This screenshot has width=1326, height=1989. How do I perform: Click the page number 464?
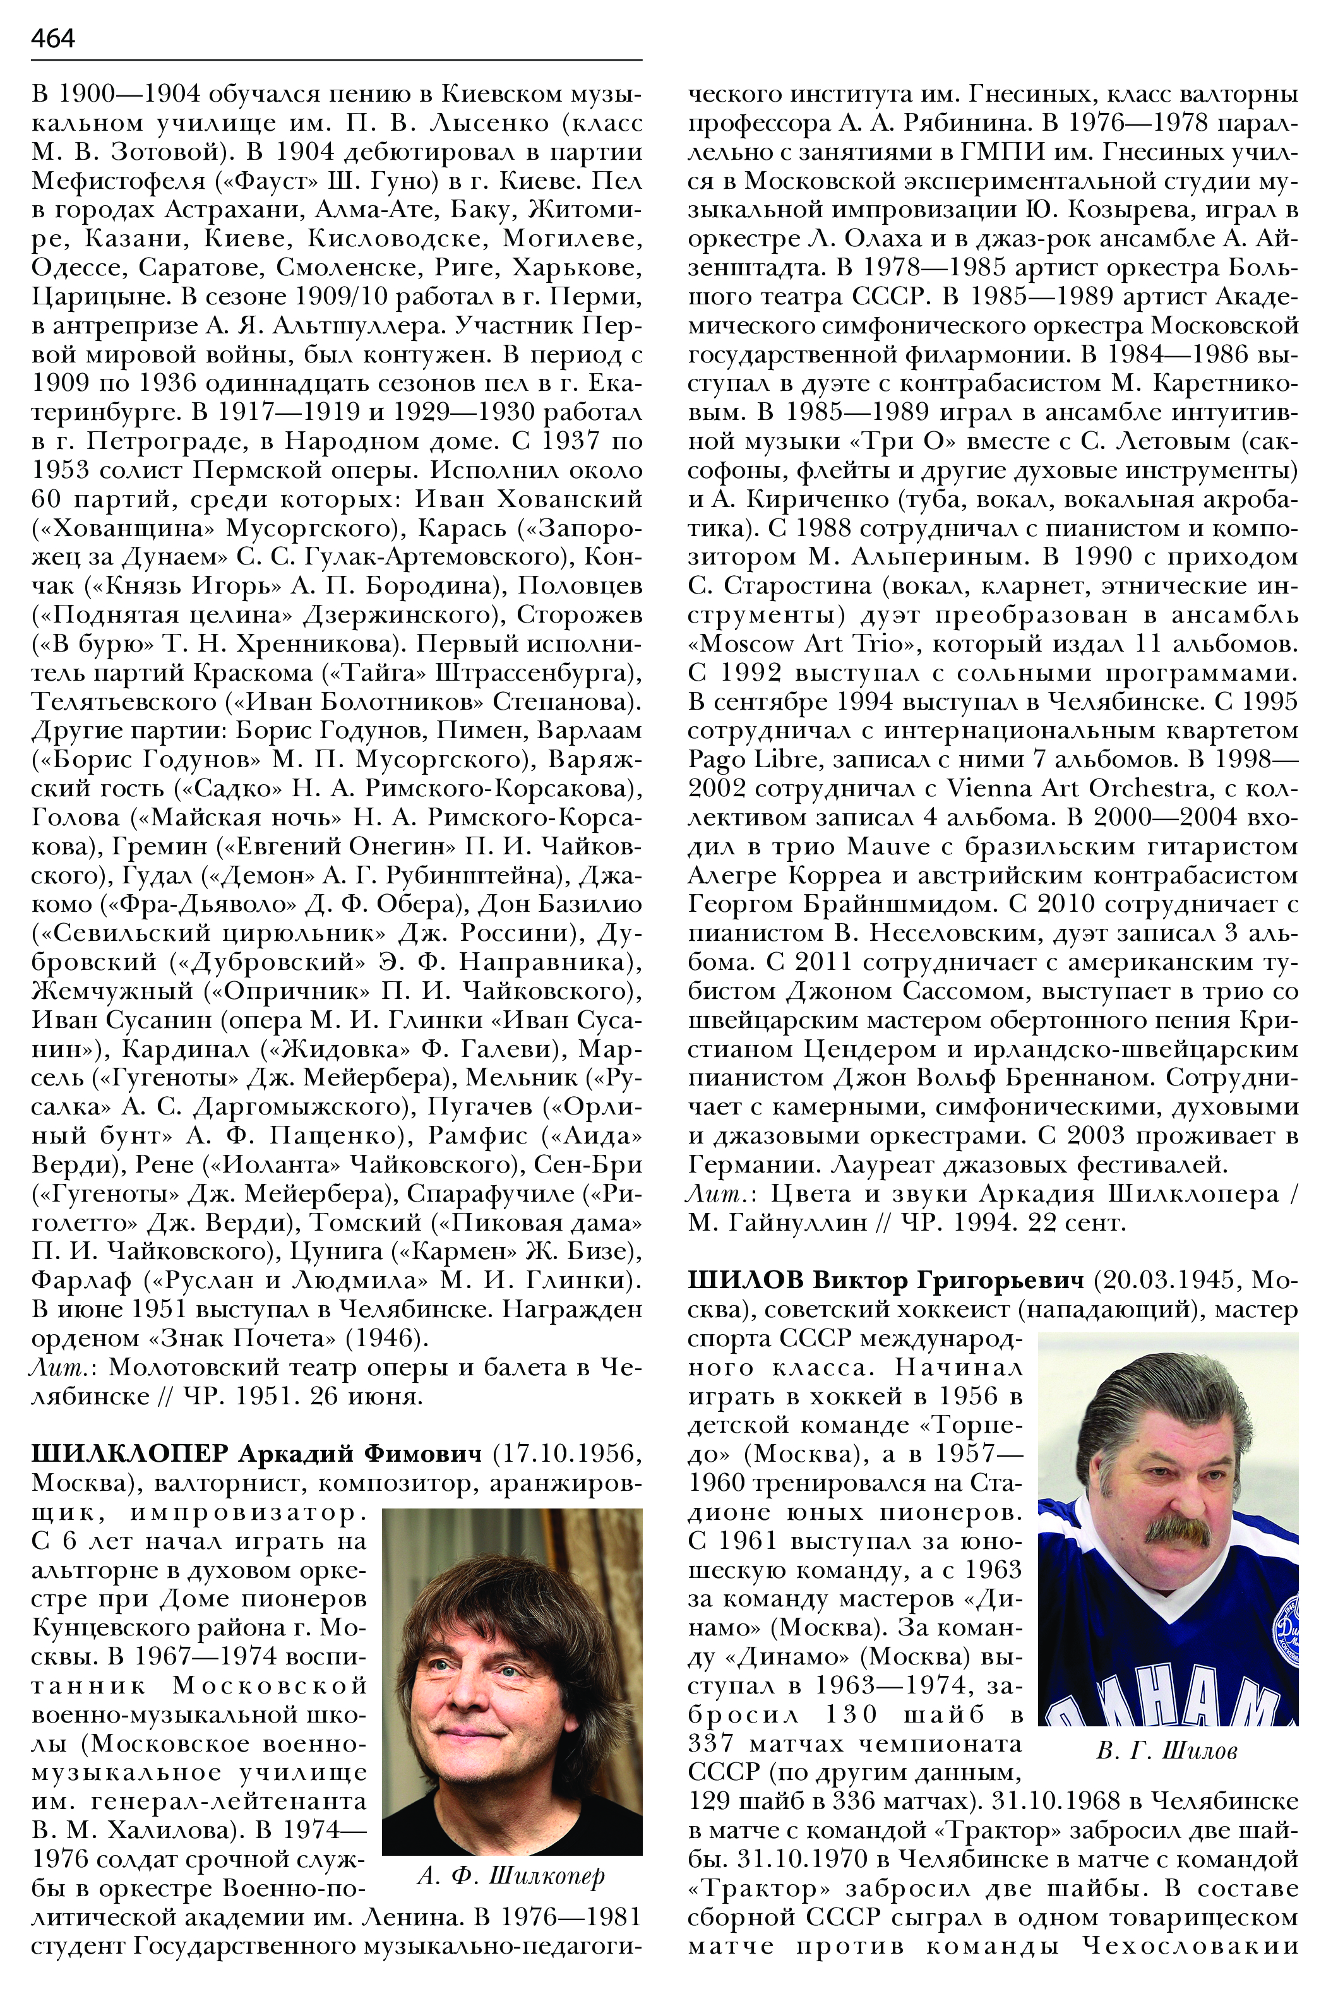coord(52,38)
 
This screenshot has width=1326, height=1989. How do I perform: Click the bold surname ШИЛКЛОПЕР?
coord(129,1453)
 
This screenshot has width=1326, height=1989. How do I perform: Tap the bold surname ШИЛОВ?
coord(745,1279)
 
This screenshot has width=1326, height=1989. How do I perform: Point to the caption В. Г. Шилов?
coord(1166,1750)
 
